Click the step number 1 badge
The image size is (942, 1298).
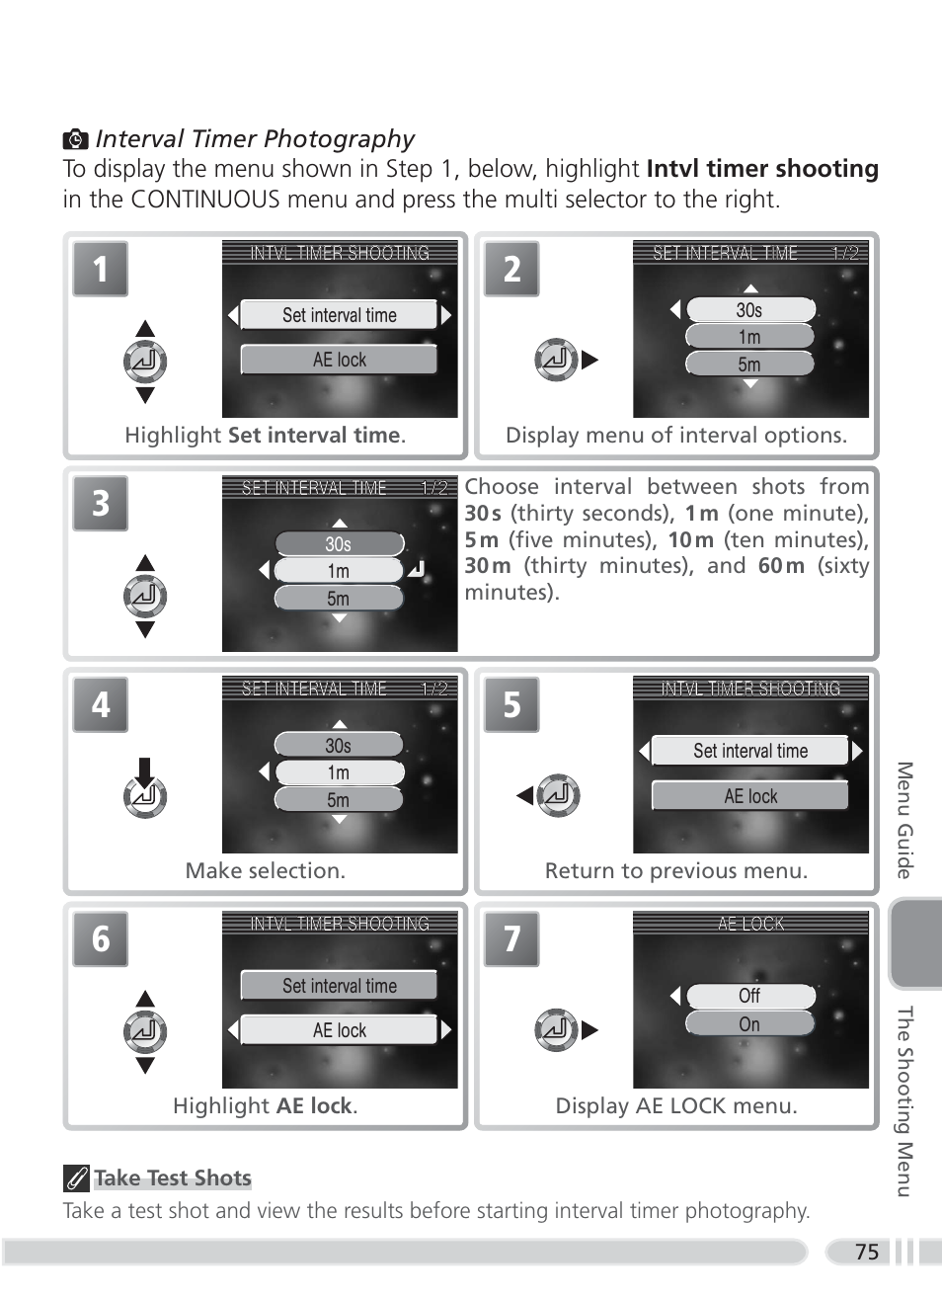pos(101,269)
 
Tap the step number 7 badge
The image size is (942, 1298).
pos(511,938)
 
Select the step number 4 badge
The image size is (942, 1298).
pos(101,704)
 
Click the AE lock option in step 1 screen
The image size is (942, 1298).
pos(339,360)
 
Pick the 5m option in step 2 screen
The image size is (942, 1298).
pos(749,365)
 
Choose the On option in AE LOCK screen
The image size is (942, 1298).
pos(749,1024)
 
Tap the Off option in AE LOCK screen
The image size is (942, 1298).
pos(749,996)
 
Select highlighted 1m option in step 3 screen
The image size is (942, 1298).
pos(339,571)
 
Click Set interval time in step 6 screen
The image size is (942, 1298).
pos(339,986)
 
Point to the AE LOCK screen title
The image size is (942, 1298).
pos(750,924)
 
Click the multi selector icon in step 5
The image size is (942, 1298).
pos(559,795)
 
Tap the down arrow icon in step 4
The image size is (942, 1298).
pos(145,771)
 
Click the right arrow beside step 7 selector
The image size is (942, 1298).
pos(590,1030)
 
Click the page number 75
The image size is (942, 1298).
pos(867,1253)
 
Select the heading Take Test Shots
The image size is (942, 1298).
pos(173,1177)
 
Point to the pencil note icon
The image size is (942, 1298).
pos(76,1178)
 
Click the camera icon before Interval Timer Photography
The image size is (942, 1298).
pos(75,139)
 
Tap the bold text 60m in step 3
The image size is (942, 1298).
pos(781,566)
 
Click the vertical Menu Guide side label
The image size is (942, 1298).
pos(904,820)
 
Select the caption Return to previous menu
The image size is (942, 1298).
pos(676,870)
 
